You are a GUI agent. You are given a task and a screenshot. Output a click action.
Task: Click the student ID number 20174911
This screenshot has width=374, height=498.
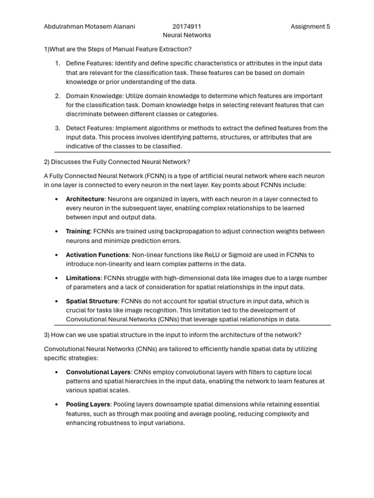187,27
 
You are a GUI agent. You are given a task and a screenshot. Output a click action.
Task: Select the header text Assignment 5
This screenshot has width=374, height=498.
310,27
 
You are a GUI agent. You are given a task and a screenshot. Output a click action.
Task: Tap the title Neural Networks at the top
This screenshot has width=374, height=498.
187,36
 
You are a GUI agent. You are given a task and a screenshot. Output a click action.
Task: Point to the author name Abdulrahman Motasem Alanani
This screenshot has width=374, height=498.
89,27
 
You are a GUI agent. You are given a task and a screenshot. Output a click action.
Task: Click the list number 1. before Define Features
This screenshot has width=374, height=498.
57,63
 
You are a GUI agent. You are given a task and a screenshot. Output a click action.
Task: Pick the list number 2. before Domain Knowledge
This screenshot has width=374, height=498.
57,96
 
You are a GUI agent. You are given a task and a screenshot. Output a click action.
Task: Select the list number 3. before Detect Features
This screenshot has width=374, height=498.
57,128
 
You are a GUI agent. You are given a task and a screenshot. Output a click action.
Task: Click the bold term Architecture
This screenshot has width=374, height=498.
85,199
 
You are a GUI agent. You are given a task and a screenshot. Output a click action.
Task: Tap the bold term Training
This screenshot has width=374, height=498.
78,231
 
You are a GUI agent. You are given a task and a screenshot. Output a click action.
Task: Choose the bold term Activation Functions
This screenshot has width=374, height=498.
97,255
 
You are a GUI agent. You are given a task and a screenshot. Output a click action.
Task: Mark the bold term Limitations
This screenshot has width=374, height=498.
83,278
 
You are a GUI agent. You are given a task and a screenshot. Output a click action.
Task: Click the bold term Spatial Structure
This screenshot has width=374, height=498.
92,302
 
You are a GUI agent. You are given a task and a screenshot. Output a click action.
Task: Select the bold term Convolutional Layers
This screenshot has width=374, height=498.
98,372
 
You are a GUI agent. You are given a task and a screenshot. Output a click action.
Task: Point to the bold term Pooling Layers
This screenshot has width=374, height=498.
88,405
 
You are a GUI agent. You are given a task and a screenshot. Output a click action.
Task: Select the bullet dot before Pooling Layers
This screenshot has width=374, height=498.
57,405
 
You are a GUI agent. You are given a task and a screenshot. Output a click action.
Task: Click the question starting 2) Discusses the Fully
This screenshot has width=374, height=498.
117,161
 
